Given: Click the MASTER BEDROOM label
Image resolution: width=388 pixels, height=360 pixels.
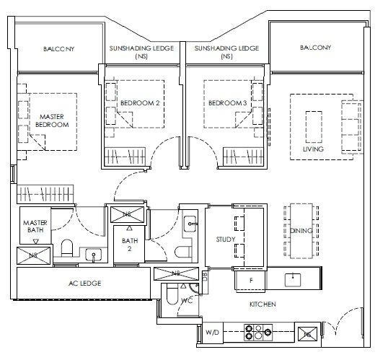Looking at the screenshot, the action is [x=52, y=120].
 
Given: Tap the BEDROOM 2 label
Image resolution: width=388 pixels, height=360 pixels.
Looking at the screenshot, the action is [x=140, y=103].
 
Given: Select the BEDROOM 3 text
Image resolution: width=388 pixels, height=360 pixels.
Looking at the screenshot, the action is [x=227, y=103].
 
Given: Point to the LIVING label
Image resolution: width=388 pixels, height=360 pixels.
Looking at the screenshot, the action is [x=313, y=149].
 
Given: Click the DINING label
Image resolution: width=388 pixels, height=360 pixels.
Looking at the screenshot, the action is [x=301, y=231].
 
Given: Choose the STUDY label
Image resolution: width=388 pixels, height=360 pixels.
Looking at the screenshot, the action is [x=226, y=240].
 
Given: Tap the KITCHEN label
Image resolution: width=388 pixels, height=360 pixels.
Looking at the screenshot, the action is [x=263, y=304].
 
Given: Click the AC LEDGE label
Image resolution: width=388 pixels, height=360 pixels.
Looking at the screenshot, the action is [x=85, y=284].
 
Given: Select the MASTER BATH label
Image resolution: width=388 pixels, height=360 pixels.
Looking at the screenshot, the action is [x=35, y=227].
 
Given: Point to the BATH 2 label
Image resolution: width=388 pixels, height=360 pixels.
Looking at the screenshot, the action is [x=130, y=245].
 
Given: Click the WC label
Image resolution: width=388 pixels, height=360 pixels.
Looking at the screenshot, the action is [x=187, y=301].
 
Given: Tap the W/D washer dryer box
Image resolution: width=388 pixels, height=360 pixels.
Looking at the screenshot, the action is [x=212, y=333].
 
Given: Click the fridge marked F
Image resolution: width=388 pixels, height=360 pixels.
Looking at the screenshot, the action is [x=250, y=281].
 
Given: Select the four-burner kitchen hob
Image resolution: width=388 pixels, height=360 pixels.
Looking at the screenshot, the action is [x=258, y=333].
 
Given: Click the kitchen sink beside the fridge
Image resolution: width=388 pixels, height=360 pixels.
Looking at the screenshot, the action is [x=293, y=279].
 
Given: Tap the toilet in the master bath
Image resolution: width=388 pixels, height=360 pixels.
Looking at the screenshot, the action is [x=66, y=248].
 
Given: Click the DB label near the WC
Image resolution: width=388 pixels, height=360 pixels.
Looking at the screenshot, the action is [x=205, y=276].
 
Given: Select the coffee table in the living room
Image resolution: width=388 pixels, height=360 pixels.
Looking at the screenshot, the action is [x=314, y=127].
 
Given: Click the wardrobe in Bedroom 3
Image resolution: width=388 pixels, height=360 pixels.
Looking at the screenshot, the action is [x=243, y=157].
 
